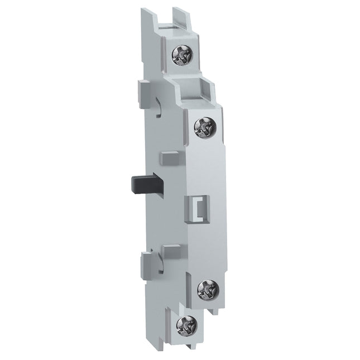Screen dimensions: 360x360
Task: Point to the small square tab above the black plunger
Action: pos(165,159)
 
